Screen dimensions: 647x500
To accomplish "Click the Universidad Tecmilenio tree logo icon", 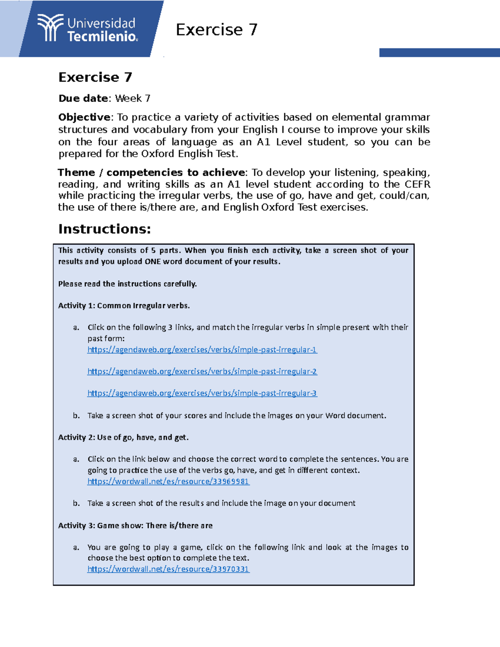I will (x=50, y=28).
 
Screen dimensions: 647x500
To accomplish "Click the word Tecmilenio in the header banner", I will (x=102, y=37).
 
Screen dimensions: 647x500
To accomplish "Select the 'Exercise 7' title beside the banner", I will (x=216, y=30).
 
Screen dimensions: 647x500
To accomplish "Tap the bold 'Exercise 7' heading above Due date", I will (x=95, y=77).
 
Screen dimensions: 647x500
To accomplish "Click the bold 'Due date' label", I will (x=83, y=98).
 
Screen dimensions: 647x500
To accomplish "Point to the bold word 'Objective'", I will (x=84, y=117).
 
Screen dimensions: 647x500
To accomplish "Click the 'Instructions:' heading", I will (x=104, y=229).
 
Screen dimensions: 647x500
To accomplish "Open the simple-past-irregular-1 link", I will (x=202, y=350).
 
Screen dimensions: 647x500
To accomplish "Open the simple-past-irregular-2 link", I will (x=202, y=371).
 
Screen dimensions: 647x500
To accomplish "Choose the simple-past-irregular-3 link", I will (x=202, y=393).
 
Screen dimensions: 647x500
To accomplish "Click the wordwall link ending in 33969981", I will (x=168, y=481).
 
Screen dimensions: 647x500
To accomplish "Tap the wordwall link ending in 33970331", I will (x=168, y=569).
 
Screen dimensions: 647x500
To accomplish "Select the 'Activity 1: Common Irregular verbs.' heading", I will (x=124, y=305).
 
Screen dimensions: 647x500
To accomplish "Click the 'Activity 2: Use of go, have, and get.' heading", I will (x=123, y=437).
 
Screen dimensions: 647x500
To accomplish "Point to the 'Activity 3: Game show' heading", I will (x=135, y=525).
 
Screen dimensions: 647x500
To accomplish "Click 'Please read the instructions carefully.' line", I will (x=127, y=284).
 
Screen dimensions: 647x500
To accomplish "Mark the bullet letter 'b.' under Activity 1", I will (x=76, y=415).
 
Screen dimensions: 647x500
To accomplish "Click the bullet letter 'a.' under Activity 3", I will (x=76, y=547).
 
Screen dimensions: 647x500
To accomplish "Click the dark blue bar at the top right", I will (x=439, y=52).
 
